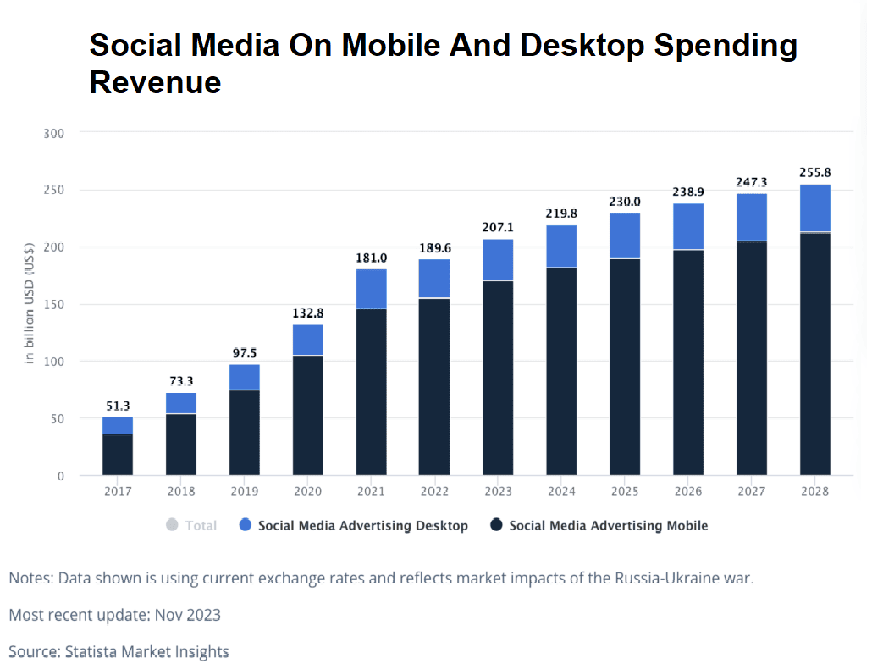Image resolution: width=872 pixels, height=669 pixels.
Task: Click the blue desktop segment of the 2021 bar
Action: click(x=371, y=289)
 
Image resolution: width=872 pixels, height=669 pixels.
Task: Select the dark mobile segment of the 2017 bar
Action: click(x=118, y=455)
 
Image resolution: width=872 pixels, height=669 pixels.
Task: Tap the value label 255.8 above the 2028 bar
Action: click(x=814, y=172)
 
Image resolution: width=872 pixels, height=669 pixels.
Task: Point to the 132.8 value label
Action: click(x=307, y=312)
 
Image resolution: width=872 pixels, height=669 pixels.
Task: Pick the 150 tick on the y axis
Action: click(x=53, y=304)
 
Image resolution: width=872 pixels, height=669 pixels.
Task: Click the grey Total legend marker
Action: click(x=172, y=525)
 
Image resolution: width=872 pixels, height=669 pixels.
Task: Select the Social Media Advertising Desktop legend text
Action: click(x=362, y=526)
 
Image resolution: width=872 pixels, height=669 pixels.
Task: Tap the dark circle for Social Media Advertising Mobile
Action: click(x=497, y=525)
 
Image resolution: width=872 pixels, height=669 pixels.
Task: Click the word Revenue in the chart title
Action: click(x=155, y=82)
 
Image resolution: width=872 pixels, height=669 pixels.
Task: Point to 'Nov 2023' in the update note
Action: click(x=187, y=615)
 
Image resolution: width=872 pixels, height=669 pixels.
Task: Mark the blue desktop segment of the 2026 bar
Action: click(x=687, y=226)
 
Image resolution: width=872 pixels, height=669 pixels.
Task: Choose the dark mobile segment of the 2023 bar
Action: click(x=498, y=377)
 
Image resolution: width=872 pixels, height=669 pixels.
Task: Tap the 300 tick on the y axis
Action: click(x=53, y=133)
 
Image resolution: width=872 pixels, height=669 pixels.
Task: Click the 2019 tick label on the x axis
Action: click(x=244, y=492)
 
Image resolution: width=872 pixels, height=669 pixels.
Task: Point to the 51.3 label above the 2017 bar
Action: click(x=118, y=406)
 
